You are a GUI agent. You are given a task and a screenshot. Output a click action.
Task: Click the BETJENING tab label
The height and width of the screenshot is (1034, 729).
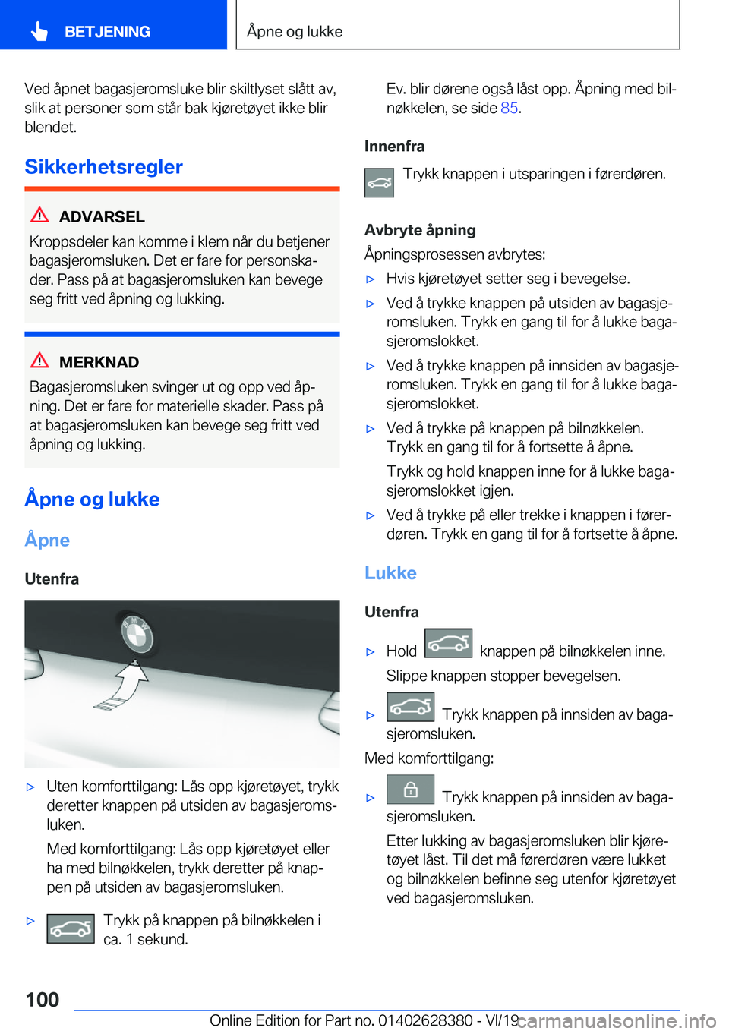point(107,32)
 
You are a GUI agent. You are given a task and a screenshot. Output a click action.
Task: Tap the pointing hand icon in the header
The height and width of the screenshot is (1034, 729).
point(39,31)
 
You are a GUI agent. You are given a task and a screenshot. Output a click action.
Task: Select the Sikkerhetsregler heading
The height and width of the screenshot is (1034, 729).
point(103,167)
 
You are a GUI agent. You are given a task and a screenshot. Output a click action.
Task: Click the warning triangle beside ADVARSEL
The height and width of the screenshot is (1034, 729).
point(39,216)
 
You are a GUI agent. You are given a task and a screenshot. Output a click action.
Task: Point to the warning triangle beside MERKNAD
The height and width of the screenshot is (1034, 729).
point(39,361)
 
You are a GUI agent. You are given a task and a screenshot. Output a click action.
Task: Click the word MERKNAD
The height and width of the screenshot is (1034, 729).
point(99,362)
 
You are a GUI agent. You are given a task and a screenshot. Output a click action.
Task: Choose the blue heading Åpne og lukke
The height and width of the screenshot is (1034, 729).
point(92,499)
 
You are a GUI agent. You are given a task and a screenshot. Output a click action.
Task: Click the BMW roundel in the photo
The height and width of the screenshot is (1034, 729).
point(137,635)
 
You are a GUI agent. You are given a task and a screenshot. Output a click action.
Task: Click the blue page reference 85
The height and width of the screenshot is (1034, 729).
point(509,108)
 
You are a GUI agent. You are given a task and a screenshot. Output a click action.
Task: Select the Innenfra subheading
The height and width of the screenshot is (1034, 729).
point(394,146)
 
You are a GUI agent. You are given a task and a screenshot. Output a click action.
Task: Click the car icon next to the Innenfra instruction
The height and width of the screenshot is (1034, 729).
point(379,183)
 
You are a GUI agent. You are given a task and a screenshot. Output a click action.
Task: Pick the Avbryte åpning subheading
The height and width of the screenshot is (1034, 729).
point(420,230)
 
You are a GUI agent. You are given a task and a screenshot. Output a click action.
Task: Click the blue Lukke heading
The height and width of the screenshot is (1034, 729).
point(390,573)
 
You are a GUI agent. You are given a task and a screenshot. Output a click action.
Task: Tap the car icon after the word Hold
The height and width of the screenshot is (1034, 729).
point(448,643)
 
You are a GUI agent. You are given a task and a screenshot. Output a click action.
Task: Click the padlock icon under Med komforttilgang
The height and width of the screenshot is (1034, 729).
point(410,790)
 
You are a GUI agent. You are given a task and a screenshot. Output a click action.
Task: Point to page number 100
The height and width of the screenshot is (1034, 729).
point(43,999)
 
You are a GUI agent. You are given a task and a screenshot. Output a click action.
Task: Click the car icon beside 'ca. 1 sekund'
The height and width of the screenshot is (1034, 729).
point(71,928)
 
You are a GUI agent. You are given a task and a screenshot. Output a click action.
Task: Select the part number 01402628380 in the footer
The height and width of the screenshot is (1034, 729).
point(424,1020)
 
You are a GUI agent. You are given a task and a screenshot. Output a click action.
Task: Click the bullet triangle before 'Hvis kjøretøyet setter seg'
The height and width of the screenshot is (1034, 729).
point(371,279)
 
